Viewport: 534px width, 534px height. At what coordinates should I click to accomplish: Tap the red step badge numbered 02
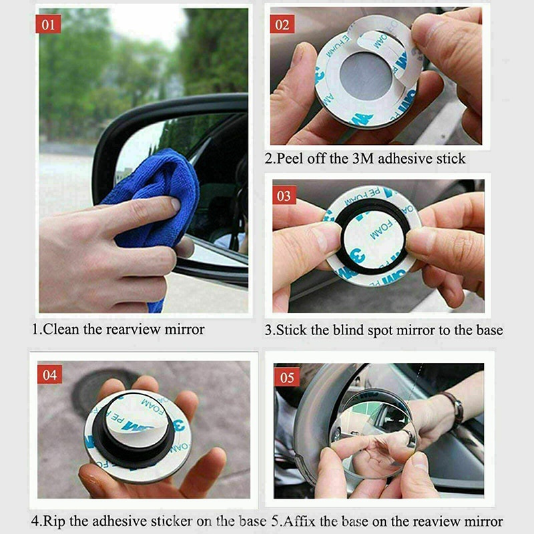point(282,25)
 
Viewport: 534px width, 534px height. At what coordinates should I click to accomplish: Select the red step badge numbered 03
point(284,196)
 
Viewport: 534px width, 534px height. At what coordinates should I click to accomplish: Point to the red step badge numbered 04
point(50,374)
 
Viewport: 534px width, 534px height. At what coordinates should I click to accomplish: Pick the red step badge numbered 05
point(287,378)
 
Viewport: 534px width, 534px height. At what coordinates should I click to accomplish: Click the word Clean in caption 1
point(61,329)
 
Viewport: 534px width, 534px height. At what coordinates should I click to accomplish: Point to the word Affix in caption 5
point(304,521)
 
